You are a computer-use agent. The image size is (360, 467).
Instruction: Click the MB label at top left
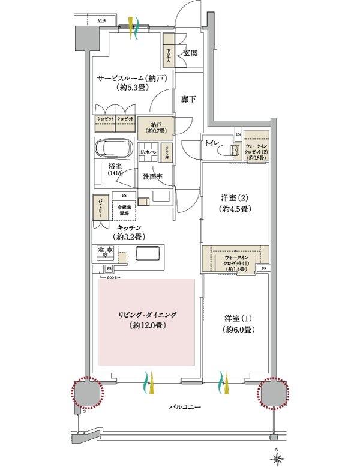pos(103,21)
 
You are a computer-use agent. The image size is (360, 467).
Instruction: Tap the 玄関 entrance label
pos(191,53)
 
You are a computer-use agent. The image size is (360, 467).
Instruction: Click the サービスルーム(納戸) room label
pos(131,83)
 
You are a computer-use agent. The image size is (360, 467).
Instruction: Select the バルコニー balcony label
pos(180,407)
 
